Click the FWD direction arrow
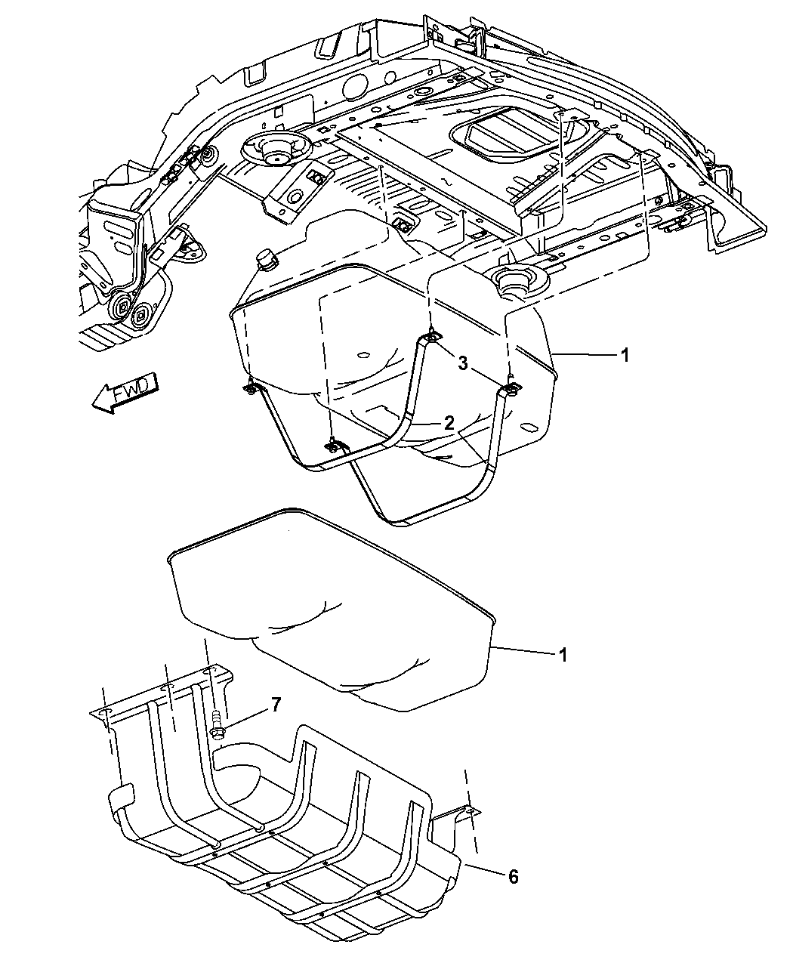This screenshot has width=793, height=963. pyautogui.click(x=125, y=393)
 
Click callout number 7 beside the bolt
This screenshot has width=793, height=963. pyautogui.click(x=276, y=705)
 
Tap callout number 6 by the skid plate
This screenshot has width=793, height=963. pyautogui.click(x=513, y=876)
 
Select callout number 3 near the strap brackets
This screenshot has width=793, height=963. pyautogui.click(x=463, y=364)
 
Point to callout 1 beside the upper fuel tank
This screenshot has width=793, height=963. pyautogui.click(x=625, y=355)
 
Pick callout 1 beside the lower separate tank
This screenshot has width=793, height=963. pyautogui.click(x=562, y=654)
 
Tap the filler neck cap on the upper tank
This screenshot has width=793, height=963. pyautogui.click(x=268, y=261)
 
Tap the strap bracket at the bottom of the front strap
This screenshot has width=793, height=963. pyautogui.click(x=333, y=447)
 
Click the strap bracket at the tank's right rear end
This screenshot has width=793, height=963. pyautogui.click(x=511, y=390)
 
